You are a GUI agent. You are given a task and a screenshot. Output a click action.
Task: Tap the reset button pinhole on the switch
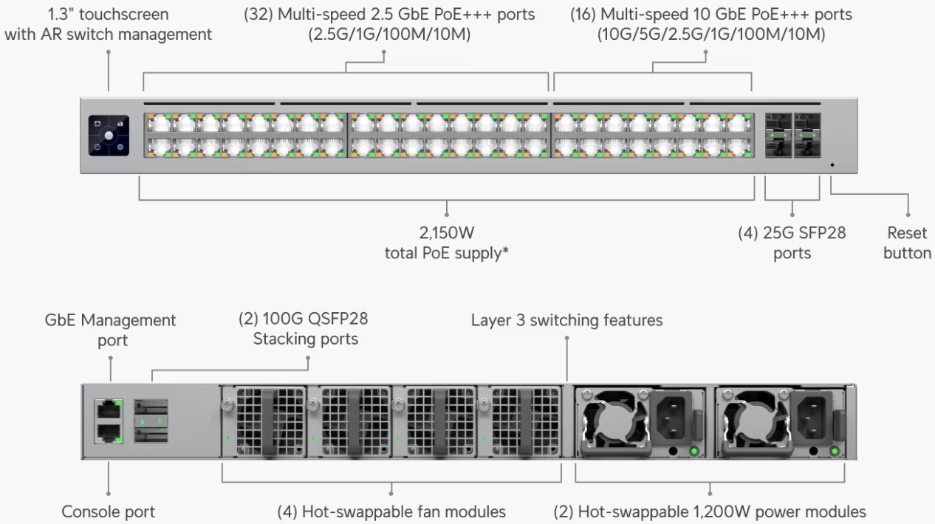(832, 164)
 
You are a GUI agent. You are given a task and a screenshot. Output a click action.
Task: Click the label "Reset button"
(908, 243)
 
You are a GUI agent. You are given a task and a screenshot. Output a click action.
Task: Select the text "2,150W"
(447, 234)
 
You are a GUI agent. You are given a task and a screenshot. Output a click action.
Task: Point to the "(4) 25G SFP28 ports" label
(792, 243)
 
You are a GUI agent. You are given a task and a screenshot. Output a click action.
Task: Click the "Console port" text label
(109, 511)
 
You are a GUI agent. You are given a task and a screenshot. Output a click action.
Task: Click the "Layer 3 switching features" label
(567, 320)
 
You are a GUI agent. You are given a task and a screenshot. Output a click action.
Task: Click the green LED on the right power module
(835, 452)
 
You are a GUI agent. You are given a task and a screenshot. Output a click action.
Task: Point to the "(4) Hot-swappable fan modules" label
(391, 511)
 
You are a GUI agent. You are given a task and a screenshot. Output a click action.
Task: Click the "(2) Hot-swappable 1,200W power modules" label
(710, 511)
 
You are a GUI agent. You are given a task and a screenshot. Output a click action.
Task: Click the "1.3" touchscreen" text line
(109, 14)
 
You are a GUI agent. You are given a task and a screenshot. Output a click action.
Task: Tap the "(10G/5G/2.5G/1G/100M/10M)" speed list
(710, 34)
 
